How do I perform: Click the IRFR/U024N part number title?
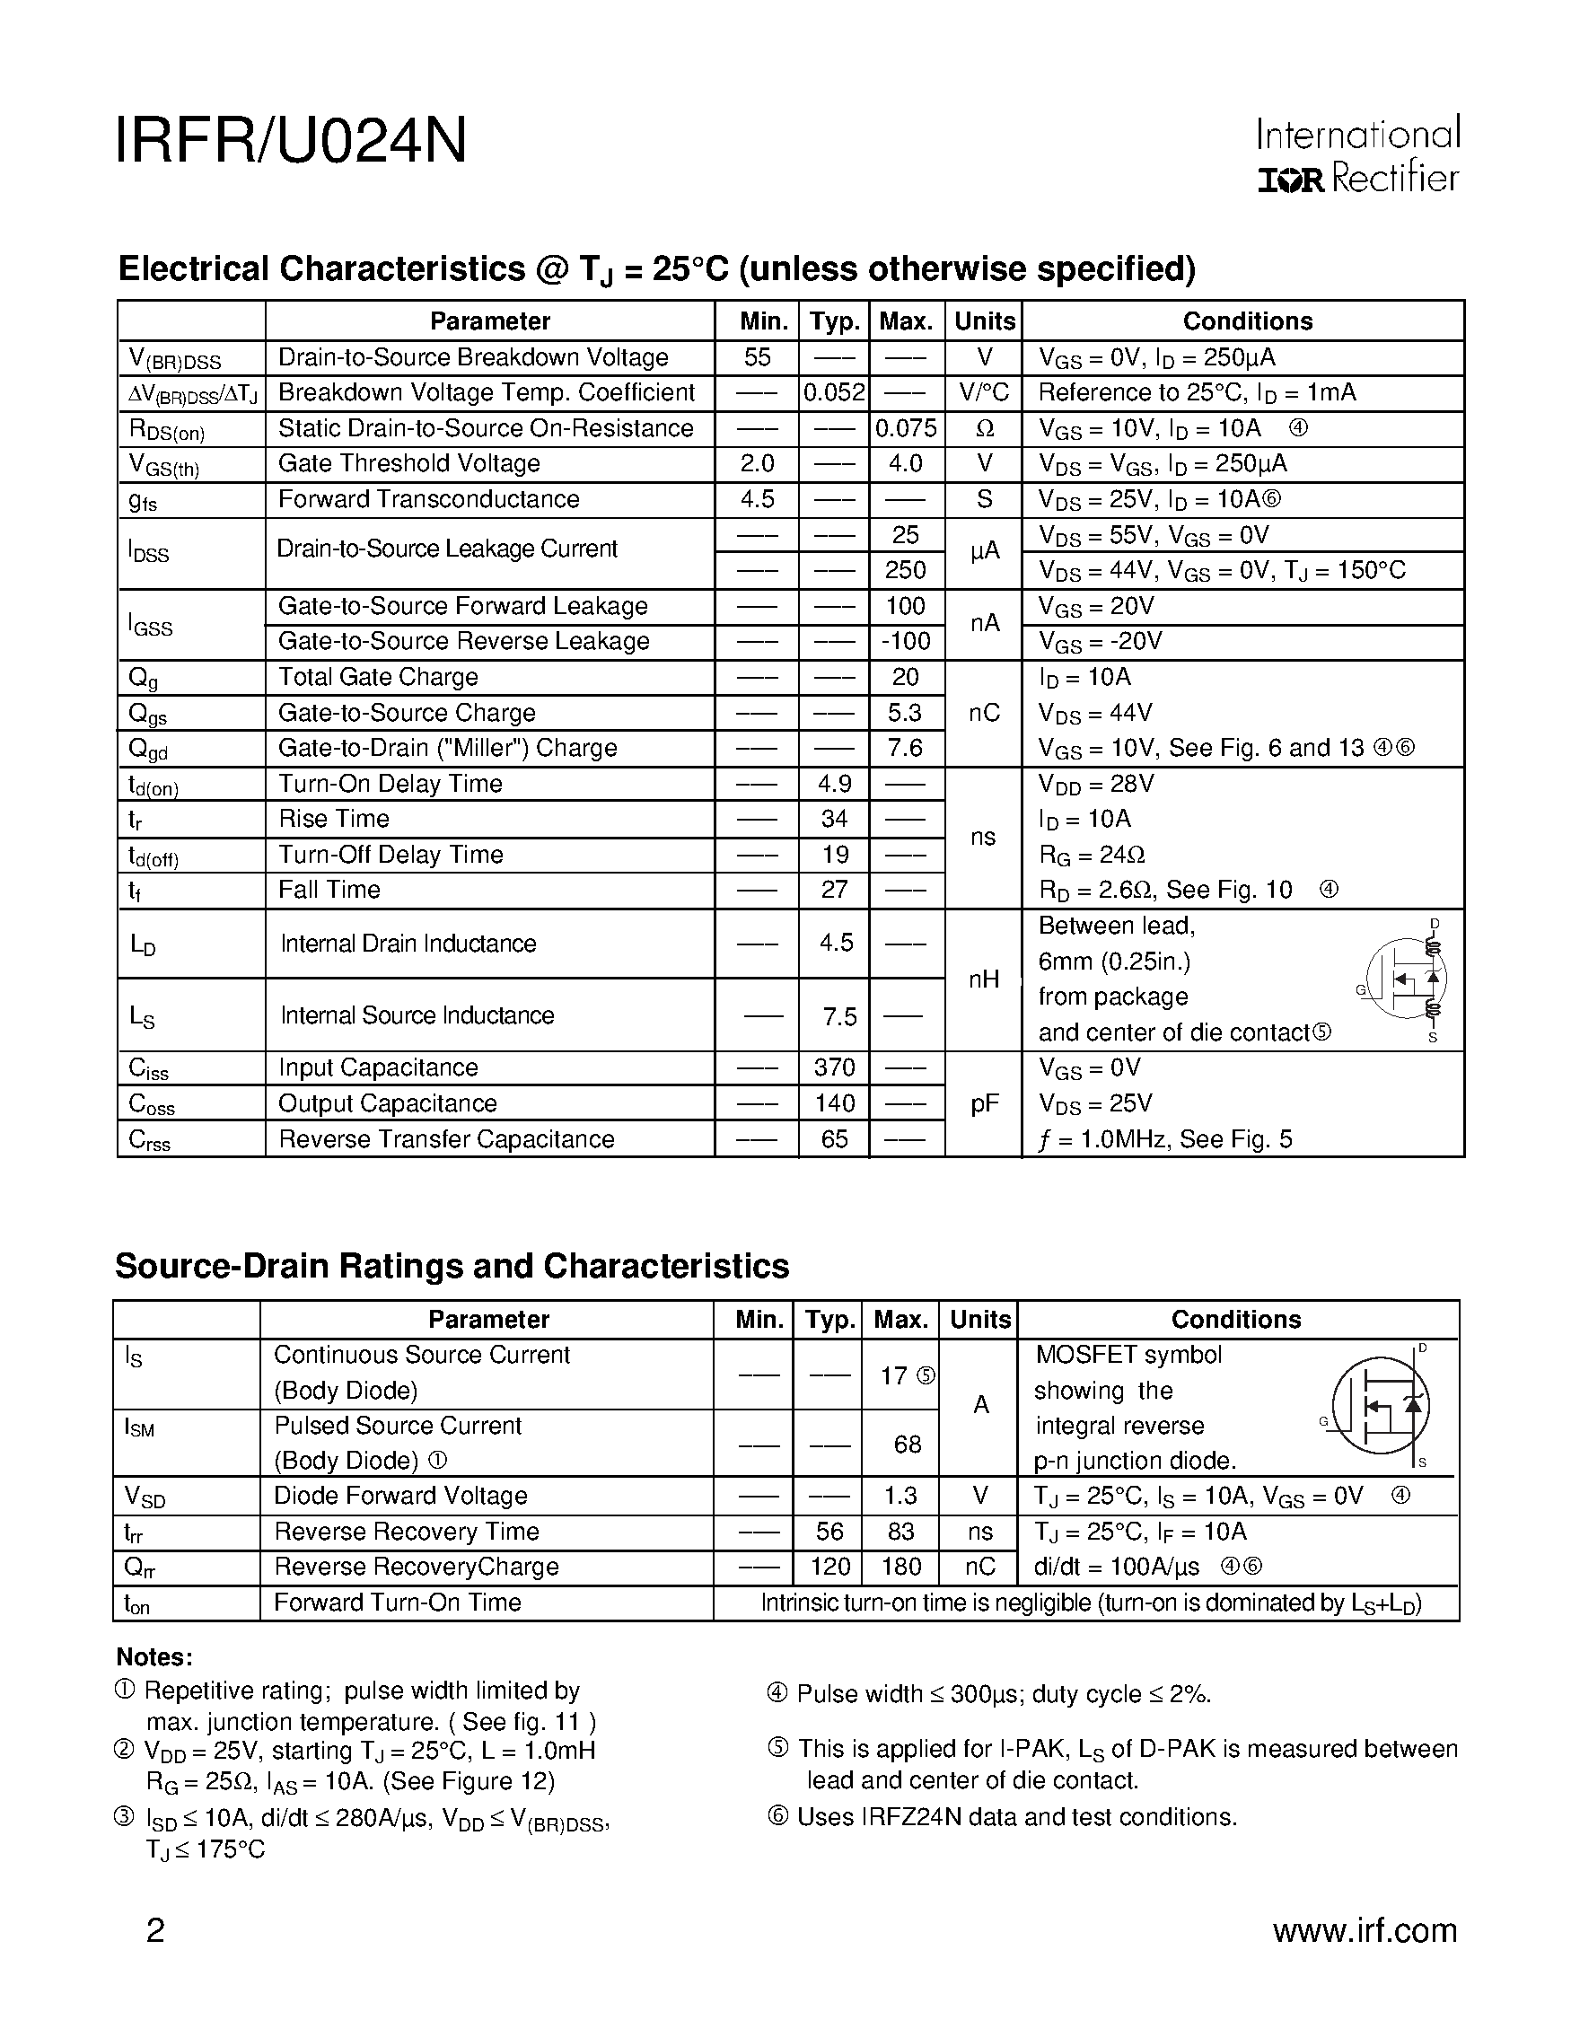[x=291, y=142]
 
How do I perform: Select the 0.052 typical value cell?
[x=833, y=393]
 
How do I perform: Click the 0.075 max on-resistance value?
[x=906, y=428]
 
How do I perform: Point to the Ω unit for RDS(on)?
[x=984, y=429]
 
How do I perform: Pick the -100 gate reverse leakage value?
[x=906, y=642]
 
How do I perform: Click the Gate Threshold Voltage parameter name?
[x=408, y=464]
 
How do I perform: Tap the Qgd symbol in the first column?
[x=148, y=749]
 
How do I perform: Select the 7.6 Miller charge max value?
[x=905, y=748]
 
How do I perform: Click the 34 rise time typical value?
[x=834, y=820]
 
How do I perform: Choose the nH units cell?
[x=984, y=979]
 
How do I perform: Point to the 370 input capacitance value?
[x=834, y=1068]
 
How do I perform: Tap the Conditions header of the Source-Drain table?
[x=1235, y=1320]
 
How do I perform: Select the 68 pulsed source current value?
[x=907, y=1445]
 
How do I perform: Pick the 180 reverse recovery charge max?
[x=900, y=1567]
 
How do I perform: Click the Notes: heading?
[x=154, y=1656]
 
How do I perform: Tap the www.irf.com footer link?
[x=1364, y=1930]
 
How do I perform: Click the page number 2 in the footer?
[x=155, y=1931]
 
